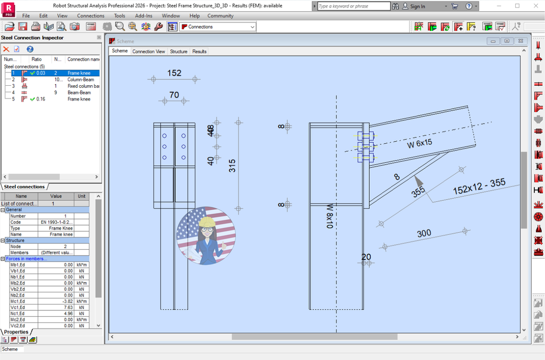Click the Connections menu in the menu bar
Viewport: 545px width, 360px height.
pos(90,15)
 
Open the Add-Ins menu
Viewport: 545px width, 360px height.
pos(144,15)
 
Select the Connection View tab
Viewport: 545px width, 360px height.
pos(148,52)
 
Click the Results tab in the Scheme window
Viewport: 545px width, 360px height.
pos(200,52)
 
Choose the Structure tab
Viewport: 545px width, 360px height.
pos(179,52)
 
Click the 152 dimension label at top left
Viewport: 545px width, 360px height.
pos(174,73)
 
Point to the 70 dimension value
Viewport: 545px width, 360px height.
pos(174,95)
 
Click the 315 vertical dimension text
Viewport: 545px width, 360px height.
pos(232,166)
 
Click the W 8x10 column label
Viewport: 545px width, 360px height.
pos(329,216)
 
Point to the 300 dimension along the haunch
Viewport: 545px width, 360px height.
pos(424,233)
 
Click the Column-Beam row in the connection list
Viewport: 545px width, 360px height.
pos(80,79)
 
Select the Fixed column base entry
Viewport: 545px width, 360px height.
pos(83,86)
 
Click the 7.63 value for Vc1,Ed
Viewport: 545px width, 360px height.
pos(68,307)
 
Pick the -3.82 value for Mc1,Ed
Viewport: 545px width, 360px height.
pos(67,301)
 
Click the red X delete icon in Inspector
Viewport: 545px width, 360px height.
pos(6,49)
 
